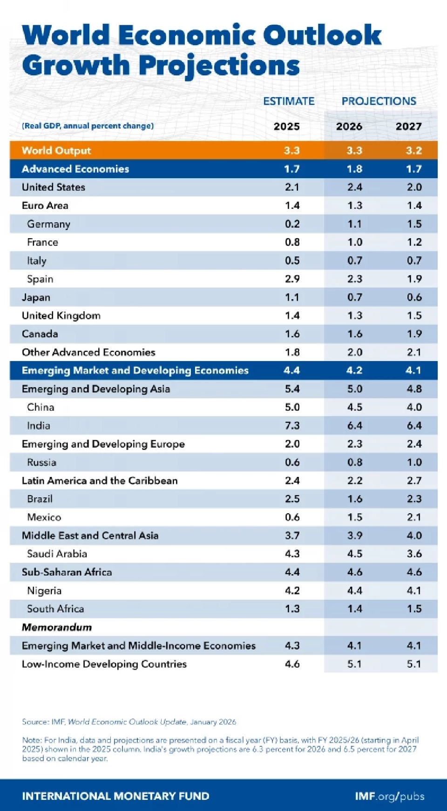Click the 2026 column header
coord(349,126)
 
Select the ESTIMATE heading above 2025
coord(289,101)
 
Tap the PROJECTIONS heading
coord(379,101)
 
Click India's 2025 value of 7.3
coord(292,425)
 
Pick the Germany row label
coord(48,224)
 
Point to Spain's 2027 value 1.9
coord(414,279)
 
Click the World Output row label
coord(56,150)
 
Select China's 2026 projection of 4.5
coord(354,407)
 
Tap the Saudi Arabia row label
coord(57,554)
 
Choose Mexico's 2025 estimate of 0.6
coord(292,517)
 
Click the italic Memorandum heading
coord(57,627)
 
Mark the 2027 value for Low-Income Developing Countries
coord(414,664)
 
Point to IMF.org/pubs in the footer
coord(389,796)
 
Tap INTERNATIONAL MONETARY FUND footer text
coord(115,796)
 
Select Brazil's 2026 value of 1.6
coord(354,499)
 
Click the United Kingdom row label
coord(61,315)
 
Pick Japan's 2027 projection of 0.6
coord(414,297)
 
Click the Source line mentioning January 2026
coord(129,722)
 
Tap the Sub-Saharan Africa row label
coord(67,572)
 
